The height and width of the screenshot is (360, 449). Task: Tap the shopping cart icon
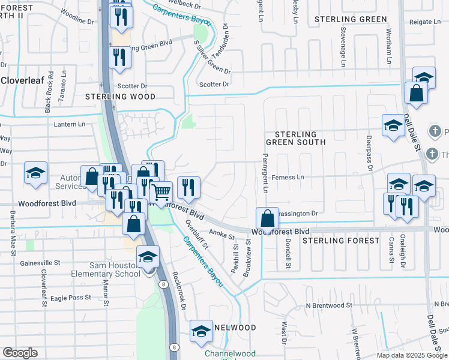pos(161,193)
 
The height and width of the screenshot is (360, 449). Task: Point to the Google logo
pos(20,353)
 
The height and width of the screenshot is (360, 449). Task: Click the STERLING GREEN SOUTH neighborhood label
pos(300,138)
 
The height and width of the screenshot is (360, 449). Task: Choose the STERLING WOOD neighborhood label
pos(120,97)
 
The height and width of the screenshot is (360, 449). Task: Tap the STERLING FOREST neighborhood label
pos(341,241)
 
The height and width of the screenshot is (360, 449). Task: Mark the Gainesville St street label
pos(40,262)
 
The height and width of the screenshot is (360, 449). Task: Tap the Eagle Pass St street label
pos(71,297)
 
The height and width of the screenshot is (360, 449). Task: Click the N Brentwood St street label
pos(327,305)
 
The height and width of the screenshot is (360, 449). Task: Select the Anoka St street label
pos(221,232)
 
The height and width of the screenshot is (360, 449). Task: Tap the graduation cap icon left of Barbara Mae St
pos(35,173)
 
